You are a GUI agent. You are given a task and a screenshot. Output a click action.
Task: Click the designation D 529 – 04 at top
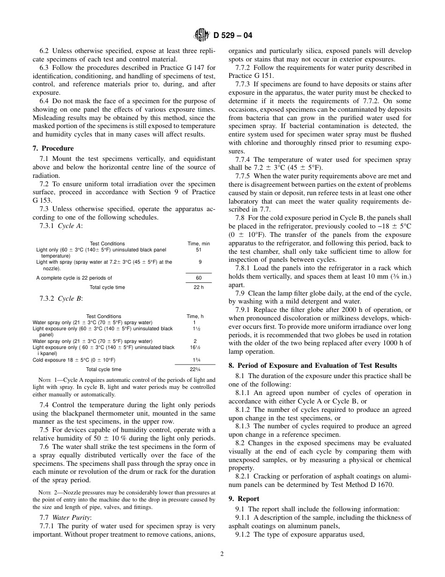click(233, 35)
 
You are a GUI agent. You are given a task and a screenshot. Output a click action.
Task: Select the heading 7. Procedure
click(53, 149)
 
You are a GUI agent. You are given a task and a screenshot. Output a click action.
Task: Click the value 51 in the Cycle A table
click(199, 250)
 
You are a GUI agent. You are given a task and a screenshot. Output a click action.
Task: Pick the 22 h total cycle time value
click(199, 287)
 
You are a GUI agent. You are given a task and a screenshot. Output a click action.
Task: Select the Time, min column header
click(199, 243)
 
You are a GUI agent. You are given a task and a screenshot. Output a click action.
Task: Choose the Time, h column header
click(195, 316)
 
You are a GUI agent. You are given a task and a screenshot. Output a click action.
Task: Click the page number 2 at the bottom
click(222, 554)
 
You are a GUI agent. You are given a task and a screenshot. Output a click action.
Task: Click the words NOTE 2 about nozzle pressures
click(47, 493)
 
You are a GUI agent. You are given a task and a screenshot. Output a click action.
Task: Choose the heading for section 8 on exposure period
click(312, 365)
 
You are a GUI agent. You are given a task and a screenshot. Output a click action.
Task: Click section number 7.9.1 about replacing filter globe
click(244, 310)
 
